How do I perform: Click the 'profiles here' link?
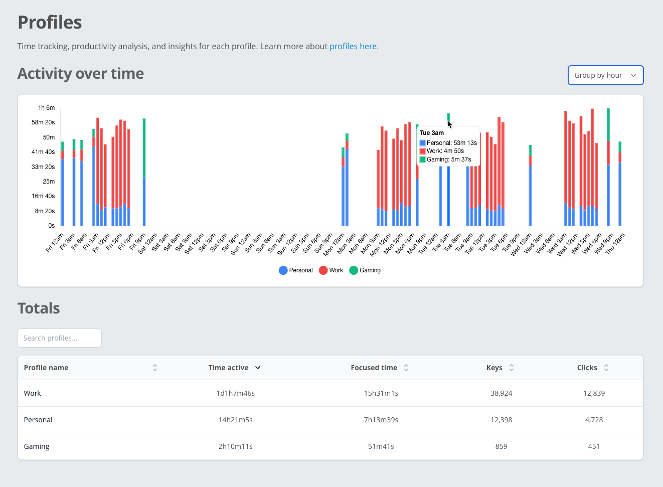[353, 46]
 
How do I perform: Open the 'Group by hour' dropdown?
[605, 75]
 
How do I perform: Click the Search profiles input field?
[59, 338]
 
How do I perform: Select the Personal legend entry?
[296, 270]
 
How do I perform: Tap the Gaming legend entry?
[365, 270]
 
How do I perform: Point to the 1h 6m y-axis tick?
[46, 108]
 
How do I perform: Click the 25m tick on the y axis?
[49, 182]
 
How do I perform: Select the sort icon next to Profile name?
[155, 368]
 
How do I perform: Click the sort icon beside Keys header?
[512, 368]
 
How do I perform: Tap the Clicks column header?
[587, 368]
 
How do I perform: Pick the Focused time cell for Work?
[381, 393]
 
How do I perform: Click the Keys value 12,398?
[501, 420]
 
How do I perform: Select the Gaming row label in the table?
[37, 446]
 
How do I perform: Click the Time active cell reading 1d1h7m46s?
[235, 393]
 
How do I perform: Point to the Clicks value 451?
[593, 446]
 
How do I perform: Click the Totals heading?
[39, 308]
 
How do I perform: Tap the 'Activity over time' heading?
[81, 74]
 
